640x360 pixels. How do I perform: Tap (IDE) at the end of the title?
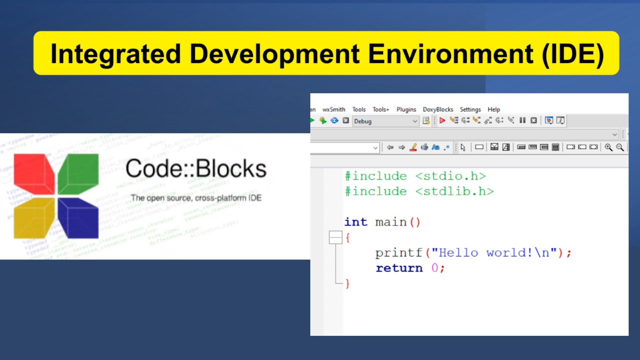(572, 53)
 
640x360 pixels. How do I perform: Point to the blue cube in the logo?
(78, 218)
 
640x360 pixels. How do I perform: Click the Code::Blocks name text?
(195, 169)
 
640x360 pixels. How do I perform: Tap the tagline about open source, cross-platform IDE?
(196, 198)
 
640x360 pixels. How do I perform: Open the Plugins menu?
(406, 109)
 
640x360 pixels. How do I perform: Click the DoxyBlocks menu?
(437, 109)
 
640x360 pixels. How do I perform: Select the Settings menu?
(470, 109)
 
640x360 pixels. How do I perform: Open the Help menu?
(493, 109)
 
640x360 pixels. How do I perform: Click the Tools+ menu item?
(380, 109)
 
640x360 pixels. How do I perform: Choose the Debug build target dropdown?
(385, 121)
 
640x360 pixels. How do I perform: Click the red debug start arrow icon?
(442, 120)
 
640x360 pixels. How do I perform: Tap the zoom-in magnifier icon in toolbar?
(608, 147)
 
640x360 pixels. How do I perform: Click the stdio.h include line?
(415, 176)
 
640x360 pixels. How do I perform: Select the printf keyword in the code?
(398, 253)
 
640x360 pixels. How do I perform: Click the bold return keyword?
(399, 268)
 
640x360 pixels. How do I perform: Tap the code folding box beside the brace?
(335, 238)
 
